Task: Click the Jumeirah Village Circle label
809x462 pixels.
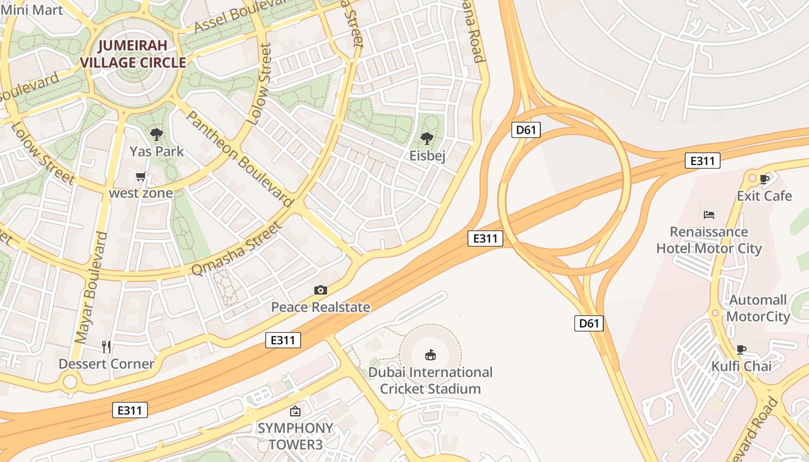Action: click(x=133, y=54)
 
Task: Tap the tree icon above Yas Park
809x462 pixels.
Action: click(x=156, y=135)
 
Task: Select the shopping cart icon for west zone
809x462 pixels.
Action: click(x=140, y=176)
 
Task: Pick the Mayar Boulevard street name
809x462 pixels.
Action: click(x=92, y=287)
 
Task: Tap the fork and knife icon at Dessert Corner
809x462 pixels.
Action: click(x=106, y=346)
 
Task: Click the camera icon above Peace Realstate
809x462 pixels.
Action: click(x=320, y=290)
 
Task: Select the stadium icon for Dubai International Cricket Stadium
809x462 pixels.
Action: click(x=431, y=354)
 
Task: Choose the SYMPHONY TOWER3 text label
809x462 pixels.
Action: click(x=295, y=436)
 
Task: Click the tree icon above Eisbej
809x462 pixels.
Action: click(x=427, y=138)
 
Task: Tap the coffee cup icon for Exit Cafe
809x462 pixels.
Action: click(x=765, y=179)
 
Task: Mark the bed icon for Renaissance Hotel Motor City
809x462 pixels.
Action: click(x=709, y=215)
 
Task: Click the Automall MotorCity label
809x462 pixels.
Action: click(x=758, y=308)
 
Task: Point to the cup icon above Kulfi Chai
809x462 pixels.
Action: click(x=741, y=349)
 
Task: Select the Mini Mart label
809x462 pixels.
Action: click(x=32, y=10)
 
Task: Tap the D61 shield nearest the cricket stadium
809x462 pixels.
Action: click(x=589, y=323)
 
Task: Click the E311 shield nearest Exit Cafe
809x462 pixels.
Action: click(x=702, y=161)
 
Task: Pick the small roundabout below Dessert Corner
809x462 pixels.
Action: click(x=70, y=381)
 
